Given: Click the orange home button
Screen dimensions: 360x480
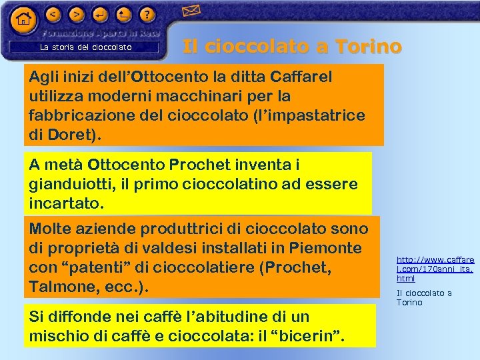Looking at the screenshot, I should [23, 19].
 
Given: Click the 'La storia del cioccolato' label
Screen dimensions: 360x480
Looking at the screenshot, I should [86, 47].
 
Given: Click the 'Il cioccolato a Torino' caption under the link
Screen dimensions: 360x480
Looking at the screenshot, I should [424, 297].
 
